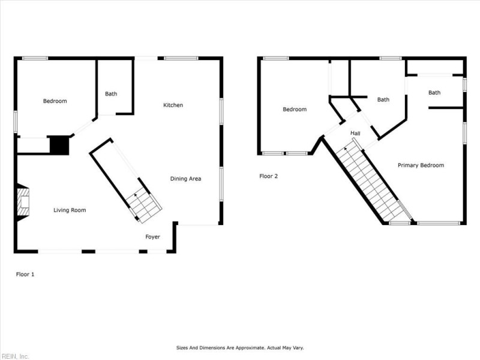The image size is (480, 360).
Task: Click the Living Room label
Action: click(70, 210)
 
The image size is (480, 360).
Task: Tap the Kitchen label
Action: click(173, 105)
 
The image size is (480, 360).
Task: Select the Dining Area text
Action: click(185, 178)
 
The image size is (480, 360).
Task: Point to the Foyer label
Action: click(153, 237)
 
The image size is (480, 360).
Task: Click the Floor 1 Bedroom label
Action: click(55, 101)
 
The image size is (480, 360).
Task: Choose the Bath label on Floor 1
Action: click(111, 94)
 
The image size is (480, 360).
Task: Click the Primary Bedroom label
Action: click(421, 165)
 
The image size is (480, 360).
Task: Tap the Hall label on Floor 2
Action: click(355, 133)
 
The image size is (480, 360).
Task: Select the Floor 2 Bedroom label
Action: click(295, 109)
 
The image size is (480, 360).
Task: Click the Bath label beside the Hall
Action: click(383, 100)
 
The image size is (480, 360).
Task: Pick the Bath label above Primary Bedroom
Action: click(434, 92)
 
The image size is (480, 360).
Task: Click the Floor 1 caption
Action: click(25, 274)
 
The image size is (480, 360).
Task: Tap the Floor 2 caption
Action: click(268, 176)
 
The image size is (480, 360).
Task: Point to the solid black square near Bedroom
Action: click(59, 145)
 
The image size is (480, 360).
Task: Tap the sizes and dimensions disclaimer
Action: click(239, 347)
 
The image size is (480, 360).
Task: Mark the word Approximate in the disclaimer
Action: click(244, 347)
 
